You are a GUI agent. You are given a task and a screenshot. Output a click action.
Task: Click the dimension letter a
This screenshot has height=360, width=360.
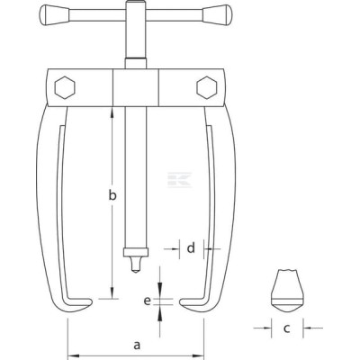137,345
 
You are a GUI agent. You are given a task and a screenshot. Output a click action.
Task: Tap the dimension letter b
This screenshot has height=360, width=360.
112,195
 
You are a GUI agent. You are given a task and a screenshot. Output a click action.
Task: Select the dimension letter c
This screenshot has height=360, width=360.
286,328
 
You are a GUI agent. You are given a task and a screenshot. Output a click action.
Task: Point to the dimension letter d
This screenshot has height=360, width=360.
191,248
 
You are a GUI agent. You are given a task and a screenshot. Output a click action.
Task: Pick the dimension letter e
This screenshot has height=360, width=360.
147,301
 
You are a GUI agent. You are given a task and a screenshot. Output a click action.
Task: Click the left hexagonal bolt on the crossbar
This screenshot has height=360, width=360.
65,87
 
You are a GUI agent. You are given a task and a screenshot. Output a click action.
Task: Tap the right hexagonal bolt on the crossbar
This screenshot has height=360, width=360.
207,87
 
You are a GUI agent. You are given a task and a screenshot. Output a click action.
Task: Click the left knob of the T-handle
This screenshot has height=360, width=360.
54,14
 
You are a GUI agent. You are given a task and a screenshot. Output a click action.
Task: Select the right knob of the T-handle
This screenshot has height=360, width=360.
217,14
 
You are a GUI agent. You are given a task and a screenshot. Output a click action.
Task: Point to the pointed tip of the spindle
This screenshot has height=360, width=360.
136,273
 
